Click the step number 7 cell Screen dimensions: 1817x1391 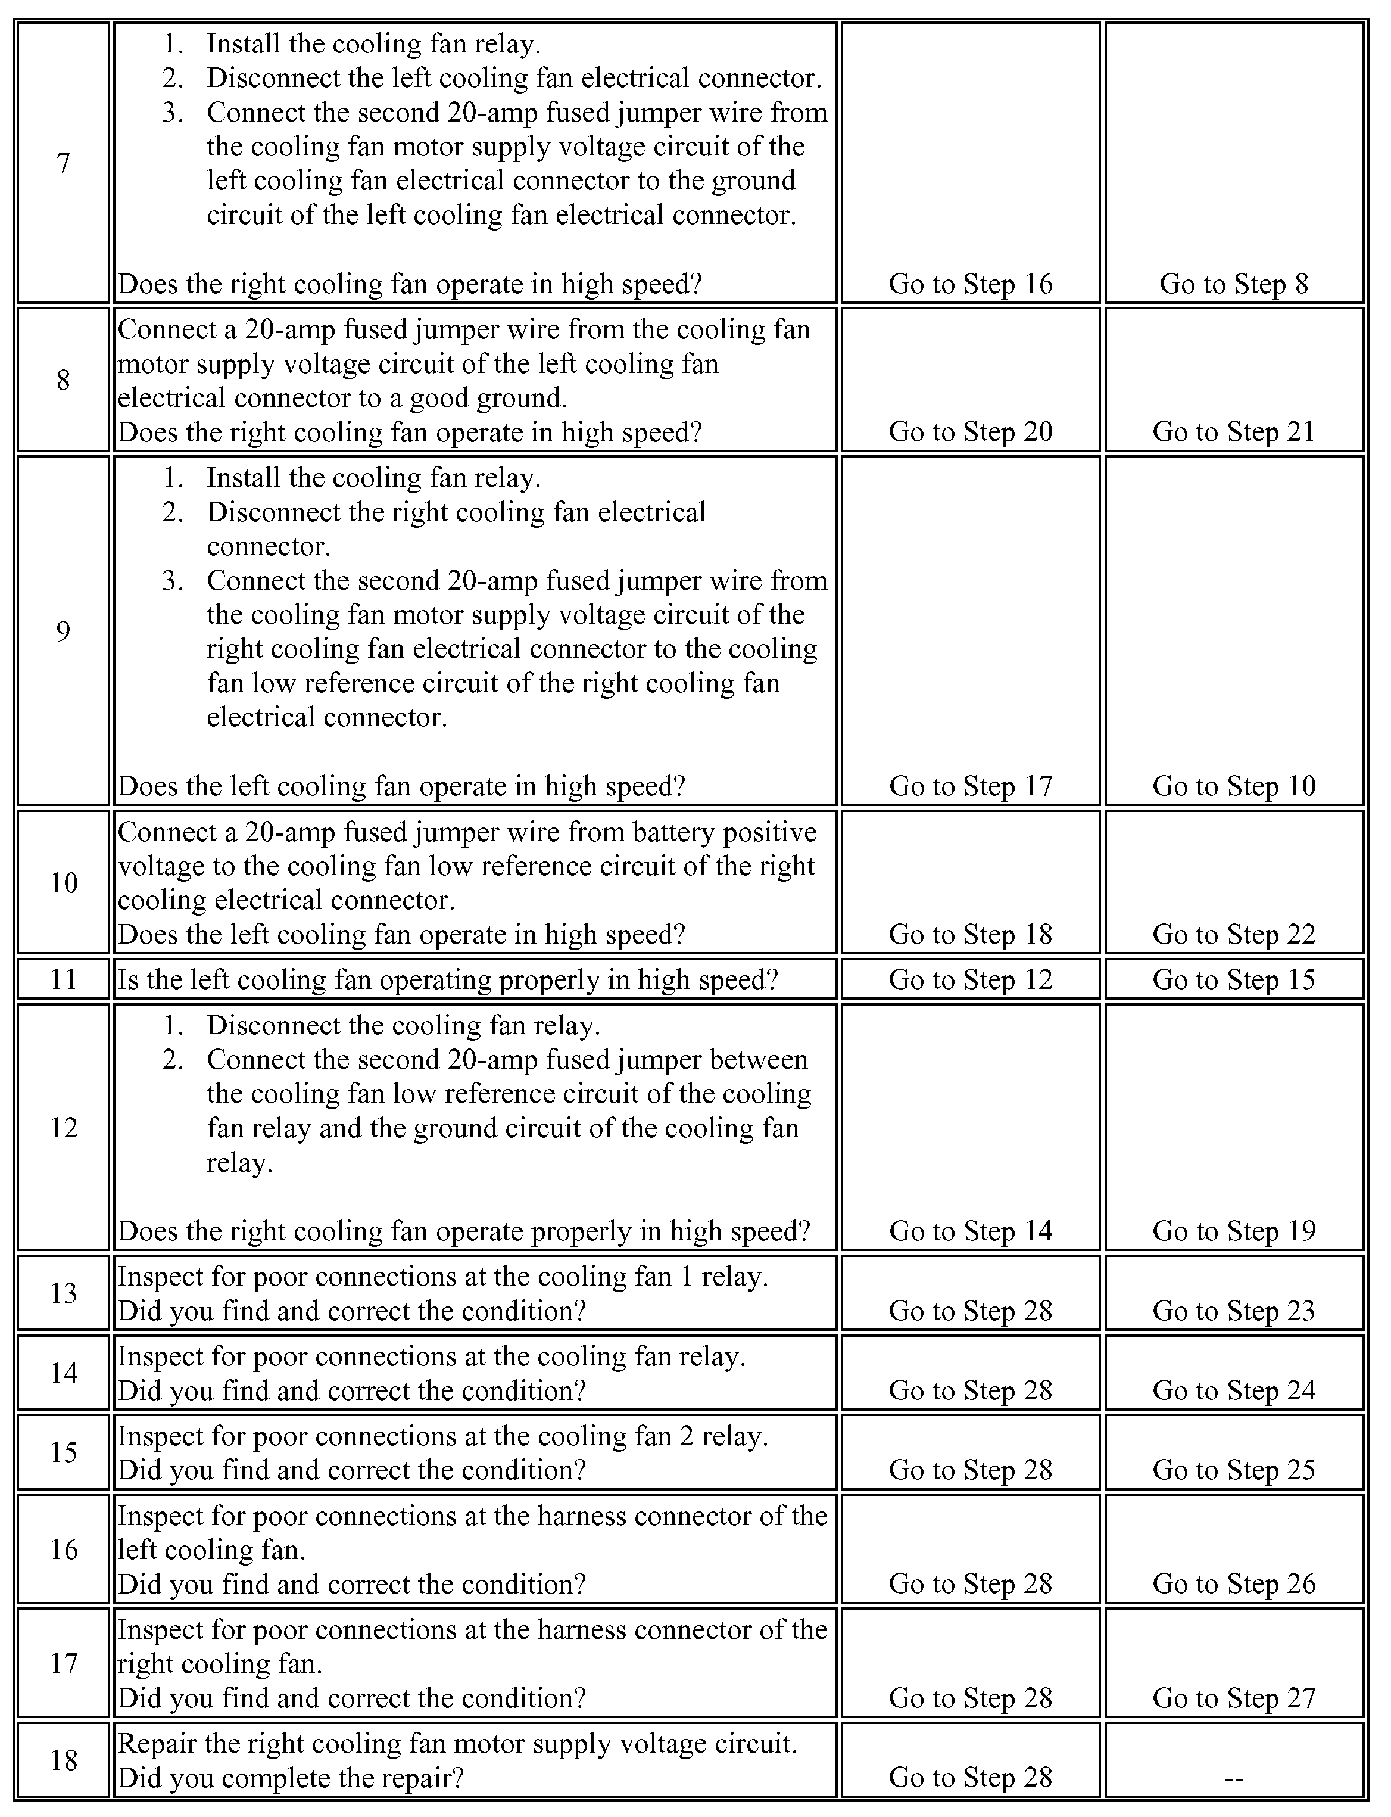64,163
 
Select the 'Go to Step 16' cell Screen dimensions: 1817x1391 971,284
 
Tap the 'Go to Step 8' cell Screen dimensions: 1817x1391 1234,284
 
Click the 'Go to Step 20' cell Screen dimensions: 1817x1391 971,431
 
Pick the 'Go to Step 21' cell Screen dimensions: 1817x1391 1234,431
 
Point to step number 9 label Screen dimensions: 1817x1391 64,631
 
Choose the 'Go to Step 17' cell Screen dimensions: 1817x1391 971,786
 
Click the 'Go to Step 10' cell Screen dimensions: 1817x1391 1234,786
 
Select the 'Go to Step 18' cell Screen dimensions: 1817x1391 971,934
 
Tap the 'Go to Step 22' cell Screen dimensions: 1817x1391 1234,934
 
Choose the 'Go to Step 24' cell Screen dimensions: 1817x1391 1234,1390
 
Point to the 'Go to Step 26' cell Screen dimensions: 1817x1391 1234,1583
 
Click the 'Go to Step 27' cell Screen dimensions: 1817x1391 1234,1698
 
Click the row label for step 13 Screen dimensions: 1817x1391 64,1293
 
